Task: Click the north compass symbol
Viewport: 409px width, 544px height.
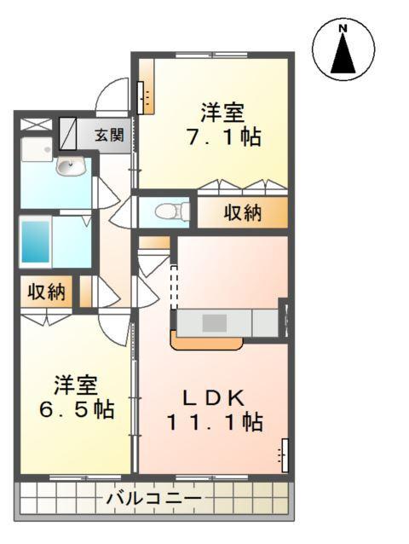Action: [x=343, y=49]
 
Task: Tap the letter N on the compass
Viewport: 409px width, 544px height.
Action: [x=343, y=29]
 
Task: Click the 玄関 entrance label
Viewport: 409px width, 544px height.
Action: [x=109, y=135]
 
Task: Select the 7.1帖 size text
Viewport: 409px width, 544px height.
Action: [x=223, y=136]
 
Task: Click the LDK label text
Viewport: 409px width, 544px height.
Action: [x=216, y=396]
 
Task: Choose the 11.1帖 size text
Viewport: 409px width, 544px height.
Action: [x=214, y=420]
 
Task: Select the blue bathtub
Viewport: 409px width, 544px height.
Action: [x=35, y=242]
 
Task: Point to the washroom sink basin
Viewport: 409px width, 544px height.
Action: [x=70, y=167]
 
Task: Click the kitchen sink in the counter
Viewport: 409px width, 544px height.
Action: [x=215, y=323]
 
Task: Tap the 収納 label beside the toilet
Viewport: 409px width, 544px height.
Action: [x=242, y=213]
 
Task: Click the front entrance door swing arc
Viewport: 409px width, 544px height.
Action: [x=111, y=96]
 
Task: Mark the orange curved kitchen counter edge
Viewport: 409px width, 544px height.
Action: [x=207, y=344]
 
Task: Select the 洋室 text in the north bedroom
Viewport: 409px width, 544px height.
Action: [x=223, y=112]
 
